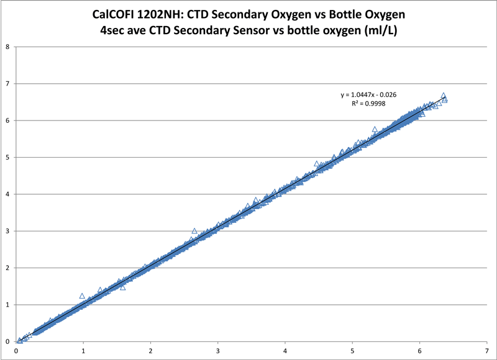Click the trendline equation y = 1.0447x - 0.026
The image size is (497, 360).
click(x=368, y=94)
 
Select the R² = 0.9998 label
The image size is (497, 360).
click(x=368, y=104)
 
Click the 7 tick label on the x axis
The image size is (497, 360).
click(x=487, y=351)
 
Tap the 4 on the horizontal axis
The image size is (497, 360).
click(x=285, y=351)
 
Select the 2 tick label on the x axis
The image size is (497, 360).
click(x=150, y=351)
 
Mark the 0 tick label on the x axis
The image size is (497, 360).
click(x=16, y=351)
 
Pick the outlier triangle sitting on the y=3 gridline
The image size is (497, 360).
click(x=194, y=231)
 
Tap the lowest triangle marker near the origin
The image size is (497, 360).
click(x=20, y=340)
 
